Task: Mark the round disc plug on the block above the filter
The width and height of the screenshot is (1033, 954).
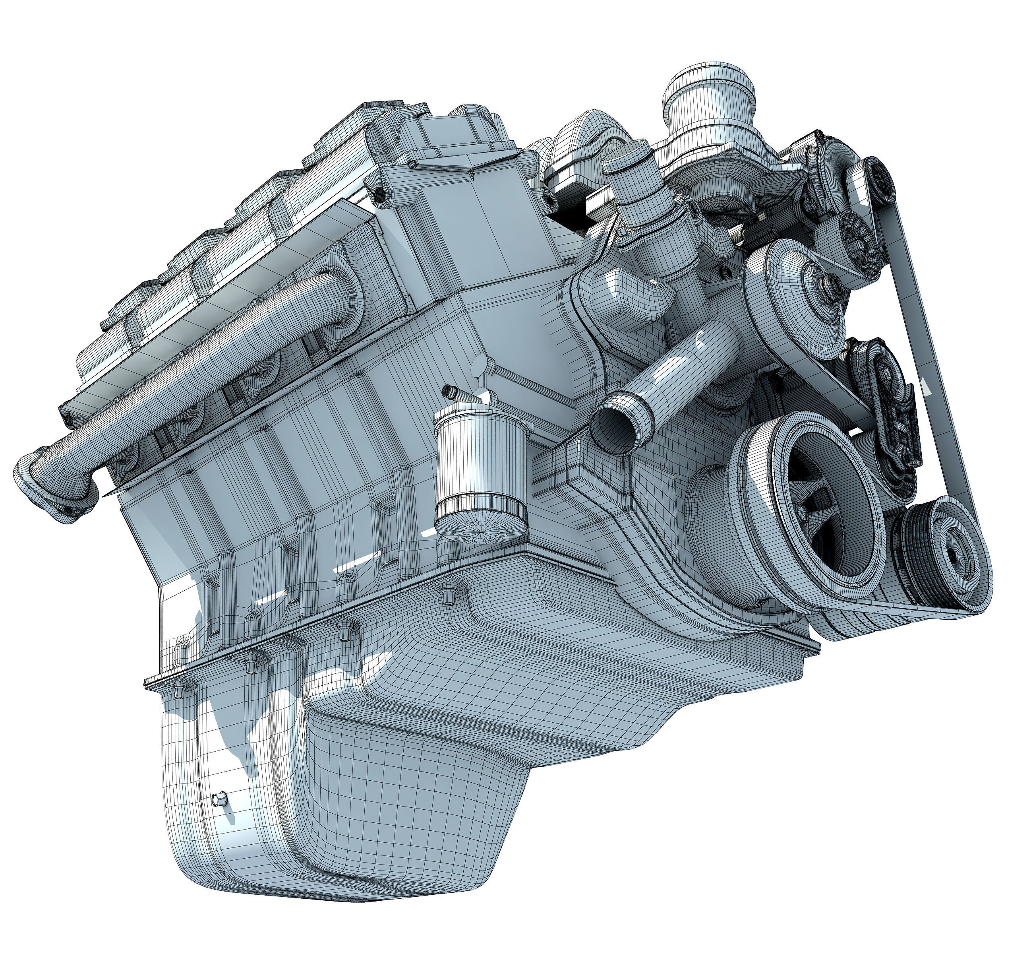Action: pos(479,365)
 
